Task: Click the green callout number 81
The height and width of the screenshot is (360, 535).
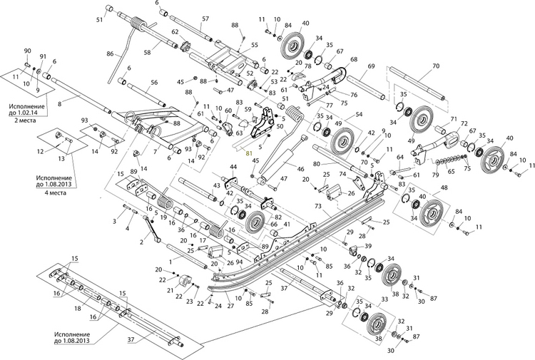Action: click(x=249, y=153)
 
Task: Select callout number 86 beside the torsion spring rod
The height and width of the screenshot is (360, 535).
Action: click(x=110, y=54)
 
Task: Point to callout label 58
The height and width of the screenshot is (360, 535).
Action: click(x=146, y=52)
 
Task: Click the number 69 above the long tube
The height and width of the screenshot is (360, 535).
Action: click(x=372, y=66)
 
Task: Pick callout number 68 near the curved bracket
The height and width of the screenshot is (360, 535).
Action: click(x=353, y=60)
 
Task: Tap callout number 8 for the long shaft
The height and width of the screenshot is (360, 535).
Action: click(x=59, y=105)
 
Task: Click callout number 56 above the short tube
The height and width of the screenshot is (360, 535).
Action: click(x=153, y=83)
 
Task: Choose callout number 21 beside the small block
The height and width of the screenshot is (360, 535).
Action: click(x=169, y=290)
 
